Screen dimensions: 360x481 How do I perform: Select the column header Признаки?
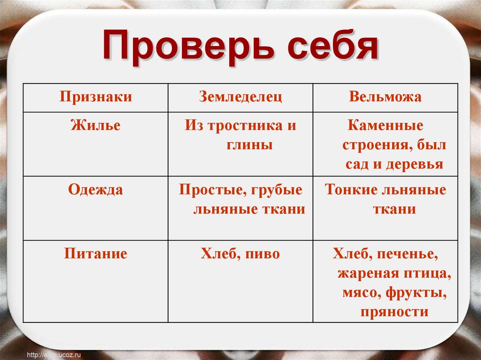pyautogui.click(x=95, y=97)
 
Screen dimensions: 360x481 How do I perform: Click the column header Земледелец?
pyautogui.click(x=240, y=97)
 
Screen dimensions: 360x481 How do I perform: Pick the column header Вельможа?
pyautogui.click(x=385, y=97)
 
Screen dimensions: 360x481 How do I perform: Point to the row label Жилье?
pyautogui.click(x=95, y=125)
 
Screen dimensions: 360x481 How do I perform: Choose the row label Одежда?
pyautogui.click(x=95, y=190)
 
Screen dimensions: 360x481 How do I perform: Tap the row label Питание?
pyautogui.click(x=95, y=254)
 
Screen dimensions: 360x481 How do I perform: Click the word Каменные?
pyautogui.click(x=386, y=126)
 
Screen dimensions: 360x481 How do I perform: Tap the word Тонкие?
pyautogui.click(x=350, y=190)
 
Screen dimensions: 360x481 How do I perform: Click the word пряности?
pyautogui.click(x=395, y=312)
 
